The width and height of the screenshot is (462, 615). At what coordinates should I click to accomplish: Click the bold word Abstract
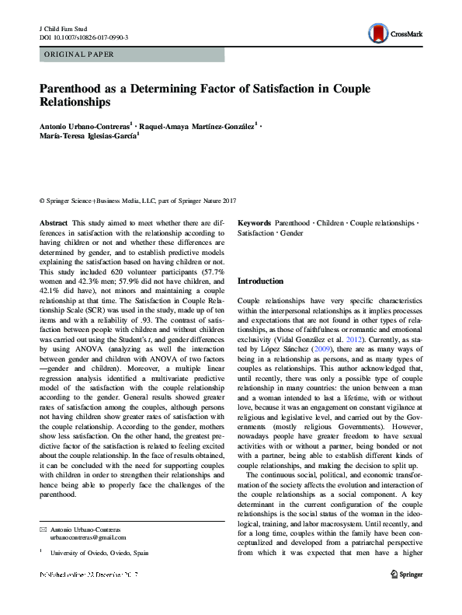(x=53, y=222)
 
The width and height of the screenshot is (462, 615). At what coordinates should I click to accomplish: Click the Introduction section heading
(x=260, y=281)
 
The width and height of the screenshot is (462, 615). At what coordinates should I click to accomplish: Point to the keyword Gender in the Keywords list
(x=291, y=232)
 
